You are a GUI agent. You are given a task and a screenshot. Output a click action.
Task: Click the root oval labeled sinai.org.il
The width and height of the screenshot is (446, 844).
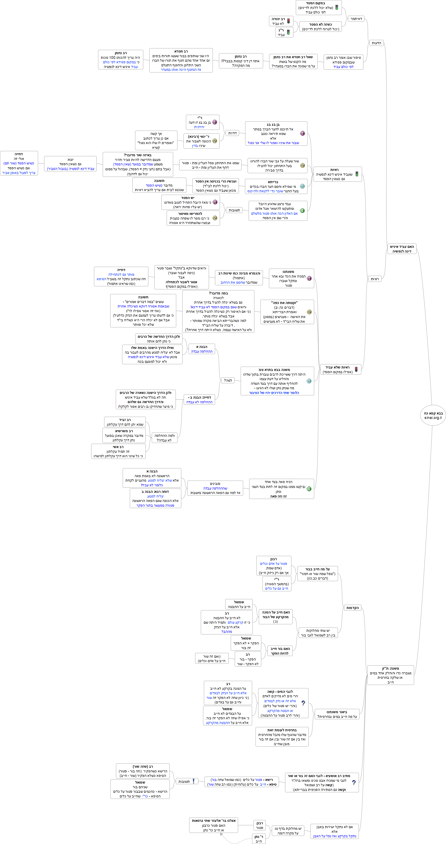click(433, 415)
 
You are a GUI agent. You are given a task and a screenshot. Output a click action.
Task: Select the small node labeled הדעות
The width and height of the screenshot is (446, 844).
click(376, 43)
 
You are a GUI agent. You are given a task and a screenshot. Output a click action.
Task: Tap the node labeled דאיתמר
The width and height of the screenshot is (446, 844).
click(356, 19)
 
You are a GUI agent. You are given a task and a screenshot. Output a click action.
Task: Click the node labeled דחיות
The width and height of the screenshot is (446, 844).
click(232, 133)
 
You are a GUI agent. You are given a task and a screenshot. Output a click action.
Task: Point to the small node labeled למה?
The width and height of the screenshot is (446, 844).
click(228, 380)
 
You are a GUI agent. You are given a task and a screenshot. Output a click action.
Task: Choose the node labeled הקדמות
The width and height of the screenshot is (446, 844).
click(352, 608)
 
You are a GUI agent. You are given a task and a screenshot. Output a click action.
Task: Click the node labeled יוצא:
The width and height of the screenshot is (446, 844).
click(70, 164)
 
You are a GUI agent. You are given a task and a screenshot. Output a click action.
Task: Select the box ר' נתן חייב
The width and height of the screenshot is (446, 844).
click(259, 839)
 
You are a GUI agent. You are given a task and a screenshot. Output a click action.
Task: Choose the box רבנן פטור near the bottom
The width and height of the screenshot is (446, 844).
click(260, 825)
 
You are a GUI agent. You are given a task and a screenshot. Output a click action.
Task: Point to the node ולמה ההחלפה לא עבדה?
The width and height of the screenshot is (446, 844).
click(165, 438)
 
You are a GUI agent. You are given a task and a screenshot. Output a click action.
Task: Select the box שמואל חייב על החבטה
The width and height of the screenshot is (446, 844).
click(239, 604)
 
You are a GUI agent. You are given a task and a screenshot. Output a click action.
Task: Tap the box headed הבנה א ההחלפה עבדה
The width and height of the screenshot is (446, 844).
click(202, 349)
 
